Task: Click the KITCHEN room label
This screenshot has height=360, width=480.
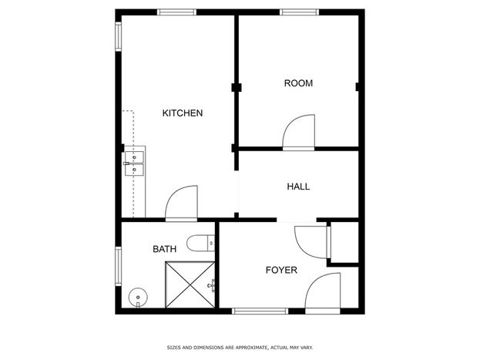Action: point(183,113)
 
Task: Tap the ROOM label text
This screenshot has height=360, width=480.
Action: point(298,83)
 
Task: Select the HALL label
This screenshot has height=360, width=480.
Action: point(298,187)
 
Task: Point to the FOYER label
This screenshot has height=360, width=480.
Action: point(281,270)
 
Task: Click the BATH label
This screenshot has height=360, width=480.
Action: point(165,249)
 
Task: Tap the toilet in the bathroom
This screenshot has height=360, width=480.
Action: point(201,244)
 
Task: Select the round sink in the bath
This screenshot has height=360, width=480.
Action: point(138,298)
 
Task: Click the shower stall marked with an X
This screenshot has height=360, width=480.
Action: point(190,284)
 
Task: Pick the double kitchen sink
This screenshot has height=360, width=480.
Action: point(134,163)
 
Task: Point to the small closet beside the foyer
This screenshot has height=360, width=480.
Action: point(344,242)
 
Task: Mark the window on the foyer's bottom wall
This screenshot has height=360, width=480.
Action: point(260,311)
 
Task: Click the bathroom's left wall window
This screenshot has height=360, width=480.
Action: point(118,266)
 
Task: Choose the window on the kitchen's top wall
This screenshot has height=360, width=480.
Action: point(177,12)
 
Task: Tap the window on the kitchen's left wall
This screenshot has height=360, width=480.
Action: point(118,36)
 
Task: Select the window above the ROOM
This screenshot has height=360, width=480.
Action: point(300,12)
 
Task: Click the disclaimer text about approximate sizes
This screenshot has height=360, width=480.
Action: point(240,348)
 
